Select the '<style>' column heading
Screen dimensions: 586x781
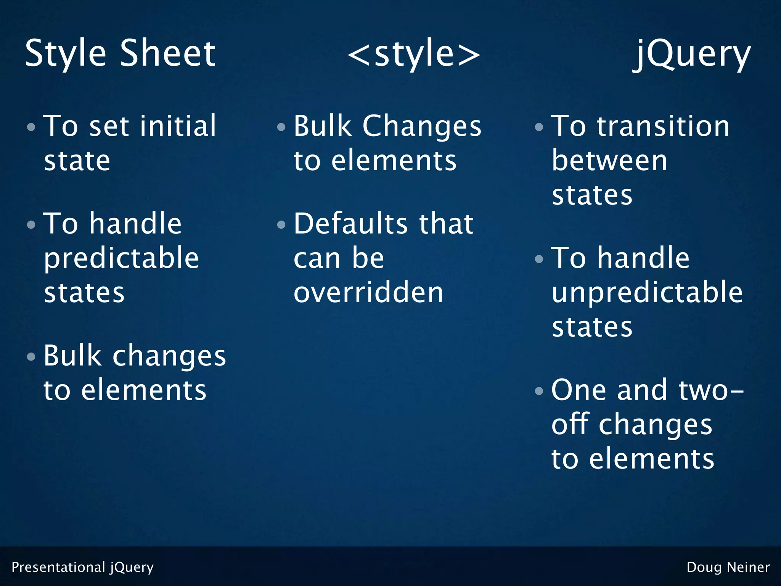tap(414, 54)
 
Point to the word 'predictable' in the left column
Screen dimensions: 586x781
tap(121, 259)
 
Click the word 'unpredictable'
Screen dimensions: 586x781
tap(647, 293)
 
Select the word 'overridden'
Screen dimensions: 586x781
tap(368, 293)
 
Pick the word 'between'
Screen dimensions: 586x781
tap(609, 161)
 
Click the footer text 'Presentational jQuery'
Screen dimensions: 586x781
tap(82, 567)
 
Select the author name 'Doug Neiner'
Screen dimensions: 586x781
tap(728, 567)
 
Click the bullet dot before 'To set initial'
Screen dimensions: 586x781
tap(31, 127)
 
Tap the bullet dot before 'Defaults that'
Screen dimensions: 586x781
tap(281, 225)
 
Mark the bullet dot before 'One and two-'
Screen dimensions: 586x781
tap(539, 391)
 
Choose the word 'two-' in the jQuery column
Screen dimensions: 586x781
tap(711, 390)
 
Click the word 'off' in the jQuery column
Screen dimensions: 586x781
tap(571, 424)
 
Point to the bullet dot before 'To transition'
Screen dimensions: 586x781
tap(539, 127)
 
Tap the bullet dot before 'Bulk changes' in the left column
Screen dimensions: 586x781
tap(31, 357)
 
